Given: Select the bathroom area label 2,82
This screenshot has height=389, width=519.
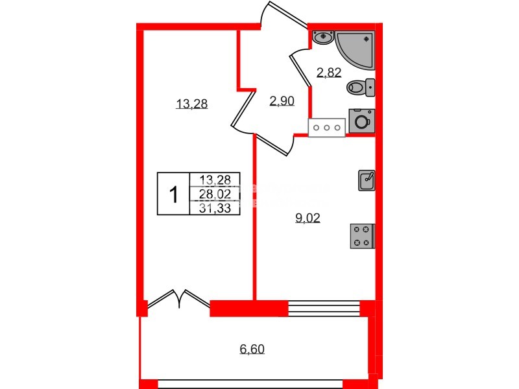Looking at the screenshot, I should click(x=329, y=72).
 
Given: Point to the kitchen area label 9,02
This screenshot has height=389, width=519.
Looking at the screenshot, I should click(x=308, y=218).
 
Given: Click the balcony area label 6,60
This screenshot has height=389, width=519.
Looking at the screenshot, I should click(x=252, y=349).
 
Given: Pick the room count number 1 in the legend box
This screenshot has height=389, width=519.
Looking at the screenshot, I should click(x=173, y=193).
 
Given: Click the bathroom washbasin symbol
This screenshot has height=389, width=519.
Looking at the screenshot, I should click(x=322, y=38).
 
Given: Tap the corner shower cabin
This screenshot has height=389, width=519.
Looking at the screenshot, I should click(x=358, y=47).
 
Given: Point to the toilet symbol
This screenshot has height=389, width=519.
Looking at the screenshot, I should click(x=360, y=86).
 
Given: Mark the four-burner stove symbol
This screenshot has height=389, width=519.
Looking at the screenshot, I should click(x=362, y=235).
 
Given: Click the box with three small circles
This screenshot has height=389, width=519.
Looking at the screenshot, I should click(x=326, y=128).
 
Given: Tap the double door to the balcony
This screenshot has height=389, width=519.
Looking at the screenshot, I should click(x=178, y=300).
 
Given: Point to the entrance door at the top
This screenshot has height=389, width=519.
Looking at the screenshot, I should click(x=284, y=14).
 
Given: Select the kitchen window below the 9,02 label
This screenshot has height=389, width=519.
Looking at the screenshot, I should click(x=323, y=308).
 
